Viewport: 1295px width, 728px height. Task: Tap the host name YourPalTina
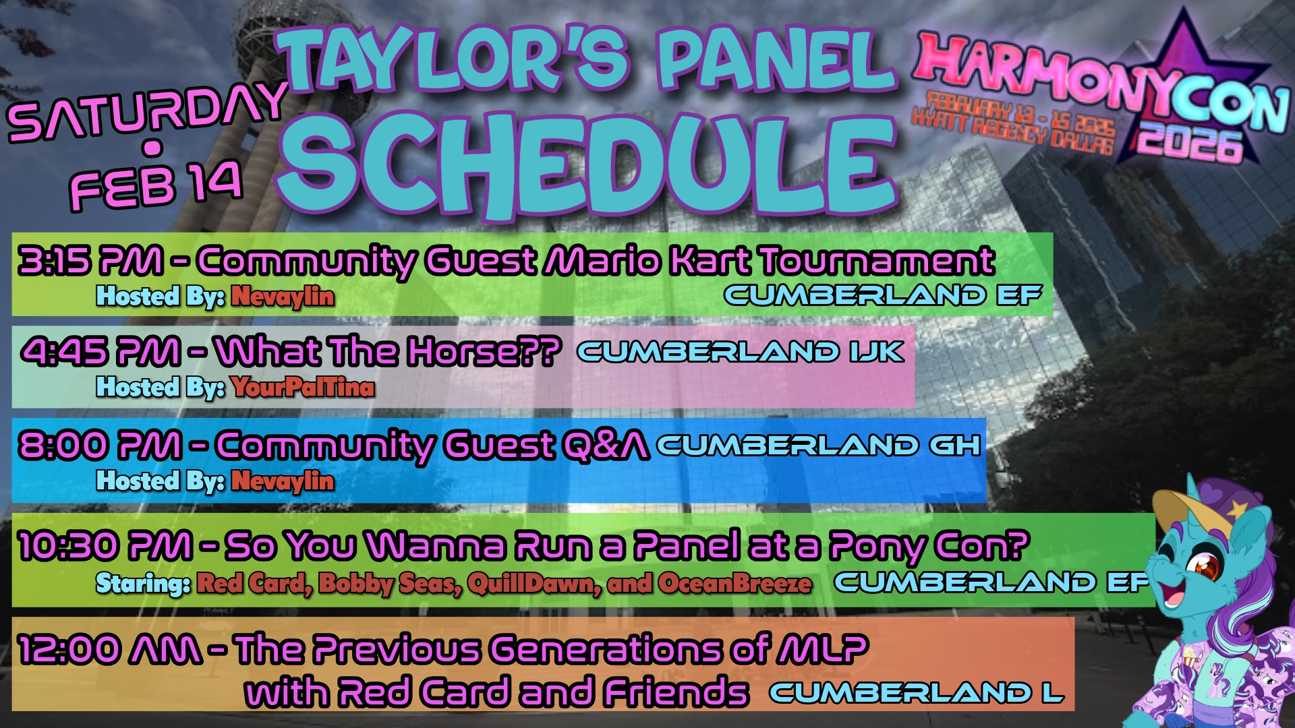[303, 387]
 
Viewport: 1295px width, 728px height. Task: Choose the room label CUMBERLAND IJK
[741, 351]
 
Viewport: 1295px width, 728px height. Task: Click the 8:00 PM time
[100, 445]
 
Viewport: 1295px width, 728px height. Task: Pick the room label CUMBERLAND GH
[819, 445]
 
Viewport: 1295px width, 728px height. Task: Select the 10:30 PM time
[105, 545]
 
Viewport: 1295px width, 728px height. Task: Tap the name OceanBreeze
[735, 584]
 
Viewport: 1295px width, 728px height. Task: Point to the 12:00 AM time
[110, 649]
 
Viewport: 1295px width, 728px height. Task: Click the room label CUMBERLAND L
[916, 692]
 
